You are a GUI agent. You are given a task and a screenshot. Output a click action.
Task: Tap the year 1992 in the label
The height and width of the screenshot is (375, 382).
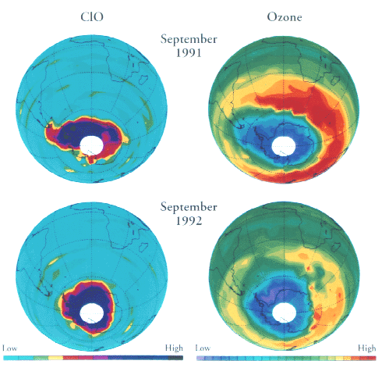(x=189, y=220)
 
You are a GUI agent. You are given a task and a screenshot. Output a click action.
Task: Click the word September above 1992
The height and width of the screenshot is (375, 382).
(x=189, y=207)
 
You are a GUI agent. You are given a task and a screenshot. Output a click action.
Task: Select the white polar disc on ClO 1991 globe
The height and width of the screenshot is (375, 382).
(x=93, y=146)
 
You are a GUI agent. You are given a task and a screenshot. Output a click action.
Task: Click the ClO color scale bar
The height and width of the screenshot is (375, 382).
(x=93, y=357)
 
